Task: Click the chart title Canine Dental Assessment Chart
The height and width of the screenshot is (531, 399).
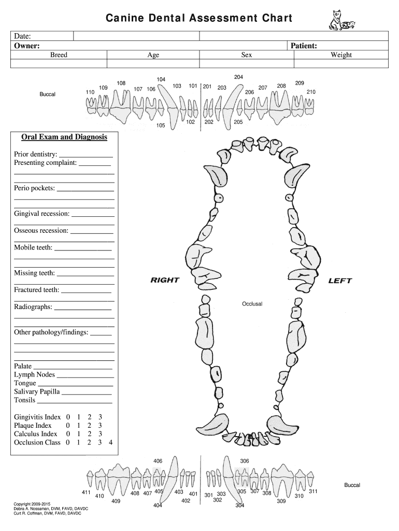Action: coord(199,19)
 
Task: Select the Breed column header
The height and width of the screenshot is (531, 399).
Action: coord(59,55)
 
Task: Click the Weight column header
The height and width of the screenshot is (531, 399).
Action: coord(341,55)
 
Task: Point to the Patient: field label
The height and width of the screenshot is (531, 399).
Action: coord(304,46)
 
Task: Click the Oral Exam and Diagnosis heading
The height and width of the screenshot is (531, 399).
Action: coord(64,137)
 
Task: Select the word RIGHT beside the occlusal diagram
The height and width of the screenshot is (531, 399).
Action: coord(164,280)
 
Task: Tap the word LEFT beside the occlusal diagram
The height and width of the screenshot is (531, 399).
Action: coord(340,281)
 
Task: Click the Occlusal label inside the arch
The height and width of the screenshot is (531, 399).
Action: coord(252,303)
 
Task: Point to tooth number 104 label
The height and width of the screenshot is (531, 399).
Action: coord(161,79)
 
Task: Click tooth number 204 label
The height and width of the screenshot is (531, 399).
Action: coord(238,77)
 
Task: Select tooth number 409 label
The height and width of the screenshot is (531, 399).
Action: coord(116,501)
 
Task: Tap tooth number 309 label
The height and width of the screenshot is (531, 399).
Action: coord(281,501)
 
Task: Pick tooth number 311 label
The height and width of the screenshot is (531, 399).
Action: coord(313,491)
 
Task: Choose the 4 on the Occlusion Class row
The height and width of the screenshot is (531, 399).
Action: coord(110,443)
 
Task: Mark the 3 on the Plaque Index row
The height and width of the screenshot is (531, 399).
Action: coord(100,426)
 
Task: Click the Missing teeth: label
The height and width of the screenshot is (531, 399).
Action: coord(34,273)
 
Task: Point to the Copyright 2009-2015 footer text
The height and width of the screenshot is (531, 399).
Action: coord(33,504)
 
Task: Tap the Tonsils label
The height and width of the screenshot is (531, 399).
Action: coord(25,400)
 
